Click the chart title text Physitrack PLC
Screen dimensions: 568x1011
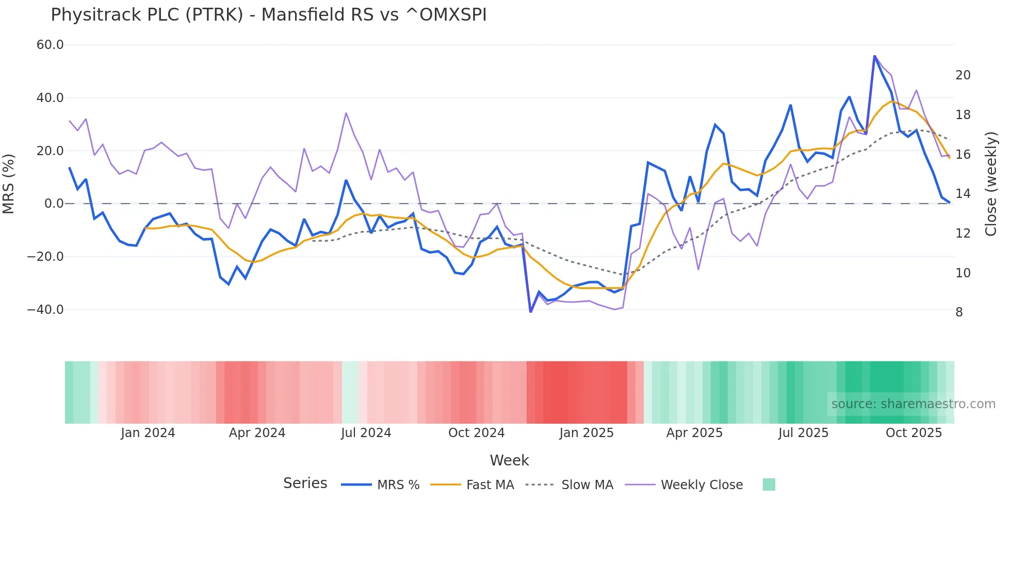point(268,15)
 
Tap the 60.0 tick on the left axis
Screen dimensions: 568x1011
point(50,45)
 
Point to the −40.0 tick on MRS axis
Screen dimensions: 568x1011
point(45,310)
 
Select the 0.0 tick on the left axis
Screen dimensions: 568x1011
point(54,204)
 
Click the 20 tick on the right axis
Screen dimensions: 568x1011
point(963,75)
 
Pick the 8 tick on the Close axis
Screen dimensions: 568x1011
point(959,312)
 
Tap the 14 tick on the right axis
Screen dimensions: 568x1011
point(963,194)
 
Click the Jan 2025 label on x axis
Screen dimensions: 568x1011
point(586,433)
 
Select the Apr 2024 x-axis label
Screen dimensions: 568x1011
point(257,433)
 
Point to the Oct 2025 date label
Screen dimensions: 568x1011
point(914,433)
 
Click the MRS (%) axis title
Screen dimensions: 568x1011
point(9,184)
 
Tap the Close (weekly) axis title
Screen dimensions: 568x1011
point(990,184)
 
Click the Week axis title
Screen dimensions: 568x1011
point(509,460)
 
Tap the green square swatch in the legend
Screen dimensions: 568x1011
point(769,485)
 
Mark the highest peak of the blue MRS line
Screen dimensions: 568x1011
point(874,56)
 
